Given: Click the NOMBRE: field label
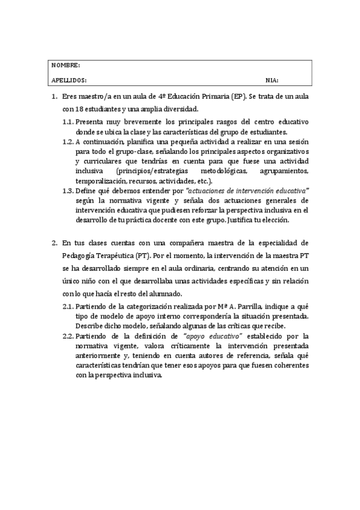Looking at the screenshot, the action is [66, 65].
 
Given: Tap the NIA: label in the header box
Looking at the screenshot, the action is [272, 79].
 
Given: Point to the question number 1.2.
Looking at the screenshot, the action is [69, 142].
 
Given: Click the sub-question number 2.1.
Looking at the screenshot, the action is [69, 306].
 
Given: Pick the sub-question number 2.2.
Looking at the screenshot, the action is [69, 336].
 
